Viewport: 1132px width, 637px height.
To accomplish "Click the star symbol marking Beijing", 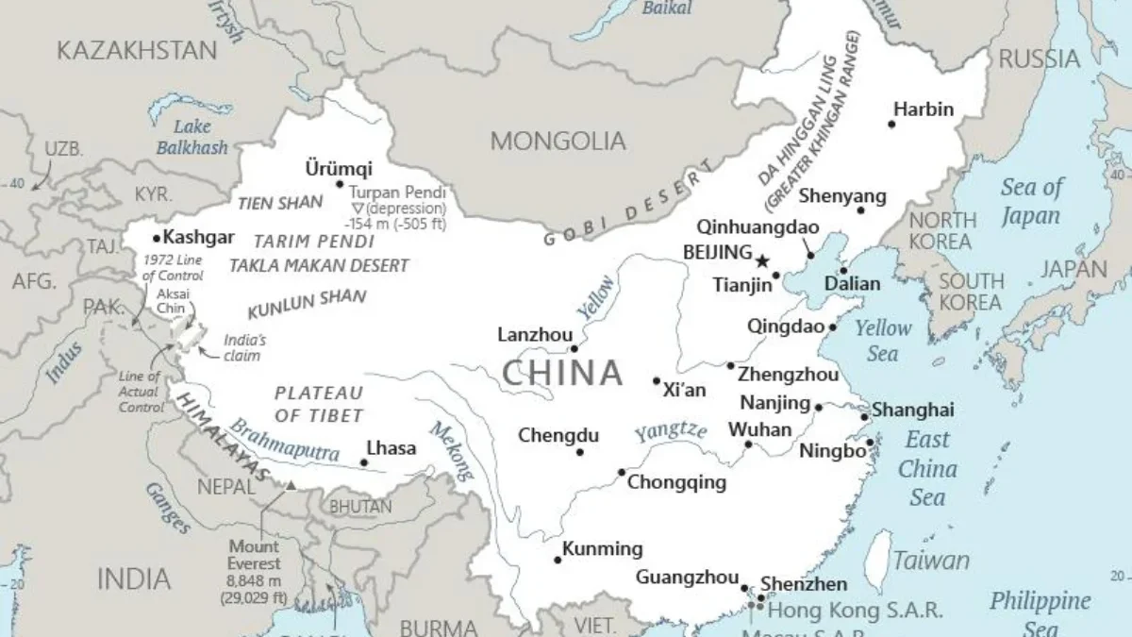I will pos(762,260).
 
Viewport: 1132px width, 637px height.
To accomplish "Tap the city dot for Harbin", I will pos(891,124).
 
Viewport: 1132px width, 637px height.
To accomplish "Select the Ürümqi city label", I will pos(339,169).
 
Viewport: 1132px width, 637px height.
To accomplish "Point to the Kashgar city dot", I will pos(157,239).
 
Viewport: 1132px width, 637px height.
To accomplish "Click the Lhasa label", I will pos(391,448).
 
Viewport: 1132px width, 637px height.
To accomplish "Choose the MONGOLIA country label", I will pos(558,142).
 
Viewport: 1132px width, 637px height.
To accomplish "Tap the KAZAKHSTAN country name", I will pos(137,50).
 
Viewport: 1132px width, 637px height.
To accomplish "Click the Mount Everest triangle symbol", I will pos(291,485).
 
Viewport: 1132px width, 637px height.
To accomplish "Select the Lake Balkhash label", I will pos(191,137).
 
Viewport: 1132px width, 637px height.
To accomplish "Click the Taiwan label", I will pos(931,561).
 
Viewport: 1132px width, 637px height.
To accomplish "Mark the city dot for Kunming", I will pos(558,560).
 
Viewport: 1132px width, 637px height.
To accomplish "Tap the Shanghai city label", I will pos(912,410).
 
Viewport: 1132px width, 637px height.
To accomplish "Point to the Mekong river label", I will pos(450,450).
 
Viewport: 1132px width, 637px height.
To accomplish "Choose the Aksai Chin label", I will pos(173,300).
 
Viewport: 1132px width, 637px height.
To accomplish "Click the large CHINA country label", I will pos(562,373).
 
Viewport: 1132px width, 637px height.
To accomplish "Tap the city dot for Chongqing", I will pos(622,472).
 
